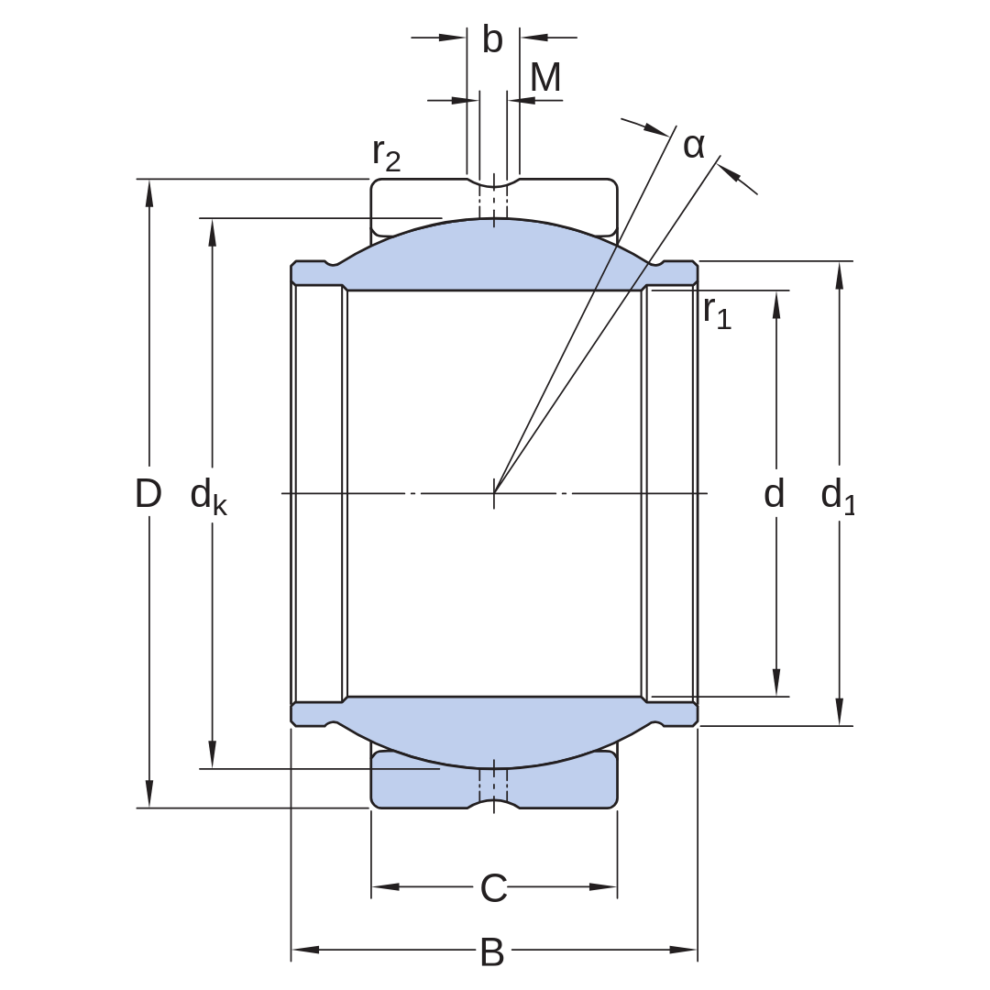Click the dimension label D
coord(148,493)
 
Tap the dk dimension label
coord(208,497)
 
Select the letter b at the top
coord(492,39)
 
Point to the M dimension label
coord(545,78)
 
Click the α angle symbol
coord(694,146)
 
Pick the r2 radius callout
coord(387,155)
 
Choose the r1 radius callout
coord(717,312)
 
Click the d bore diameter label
coord(774,493)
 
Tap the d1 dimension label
coord(838,497)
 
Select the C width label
coord(494,889)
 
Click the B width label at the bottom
coord(492,952)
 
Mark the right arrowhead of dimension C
coord(603,886)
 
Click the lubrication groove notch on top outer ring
coord(494,183)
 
